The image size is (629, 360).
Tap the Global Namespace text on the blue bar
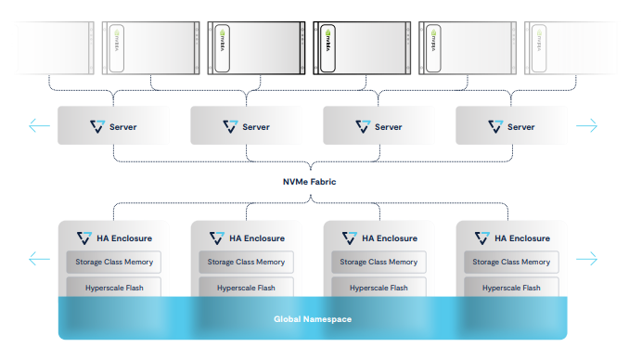point(313,319)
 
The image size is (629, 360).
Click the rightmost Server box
point(510,126)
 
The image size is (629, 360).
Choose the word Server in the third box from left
point(388,127)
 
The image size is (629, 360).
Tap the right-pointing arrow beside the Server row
point(586,126)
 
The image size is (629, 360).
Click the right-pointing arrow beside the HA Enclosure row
point(586,259)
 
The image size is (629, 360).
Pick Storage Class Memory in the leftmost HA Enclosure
point(113,262)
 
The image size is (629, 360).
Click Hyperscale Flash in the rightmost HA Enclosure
point(511,288)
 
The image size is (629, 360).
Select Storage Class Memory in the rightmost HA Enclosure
point(511,262)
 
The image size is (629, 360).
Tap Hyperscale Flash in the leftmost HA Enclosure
point(113,288)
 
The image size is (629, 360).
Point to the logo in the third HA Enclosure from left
point(348,238)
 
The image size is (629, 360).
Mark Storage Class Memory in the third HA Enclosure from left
point(379,262)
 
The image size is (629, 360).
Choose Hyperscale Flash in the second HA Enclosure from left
point(246,288)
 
